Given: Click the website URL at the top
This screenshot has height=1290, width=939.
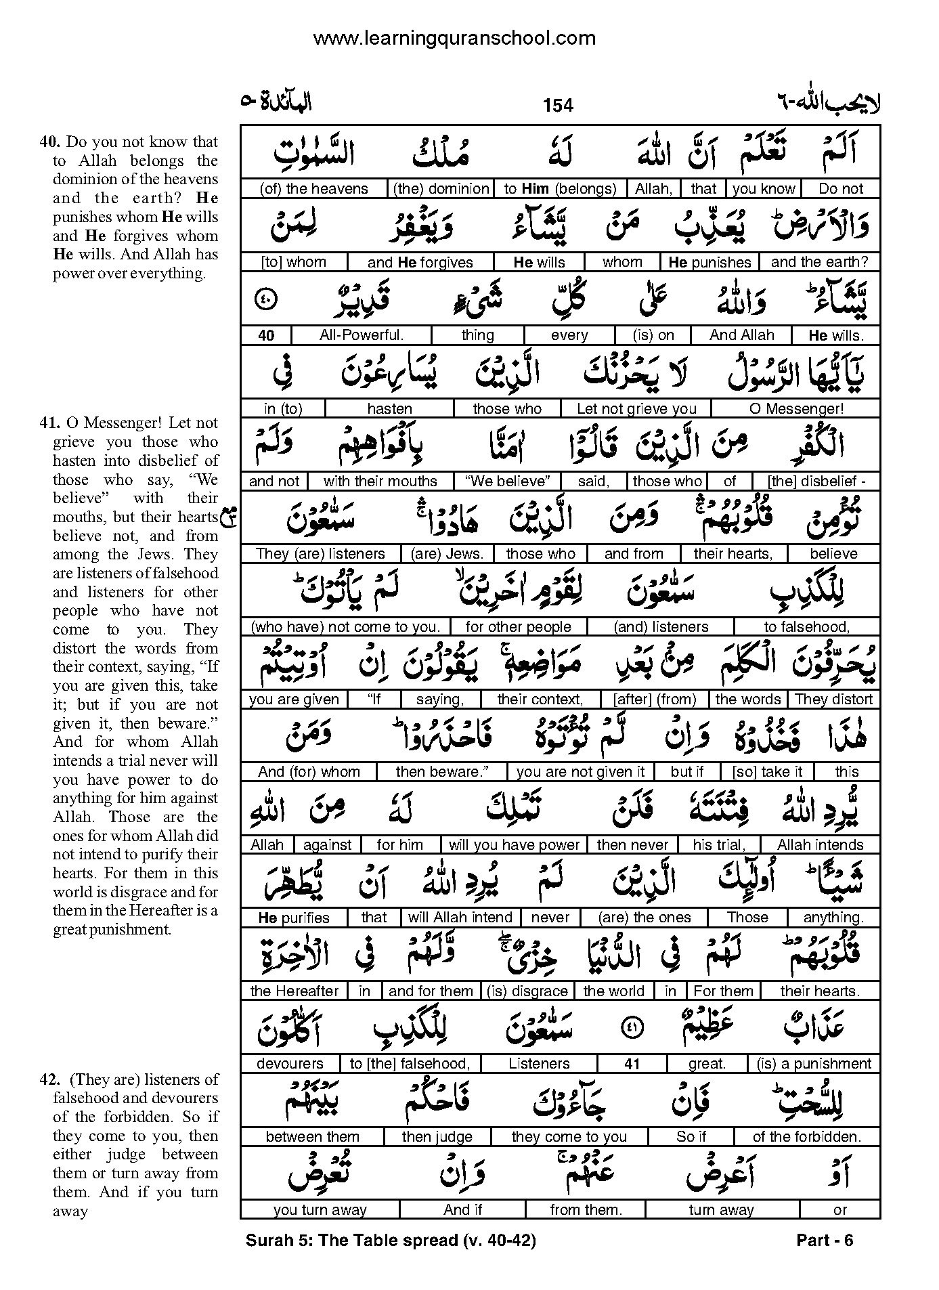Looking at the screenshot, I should (x=454, y=39).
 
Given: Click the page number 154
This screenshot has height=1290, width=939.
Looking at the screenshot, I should (x=557, y=106).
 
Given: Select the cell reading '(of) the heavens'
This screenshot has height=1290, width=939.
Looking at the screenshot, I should (x=313, y=189).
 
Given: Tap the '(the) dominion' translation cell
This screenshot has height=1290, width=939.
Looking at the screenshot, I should (x=441, y=189).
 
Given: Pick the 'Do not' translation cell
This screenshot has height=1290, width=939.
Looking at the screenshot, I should (x=841, y=189).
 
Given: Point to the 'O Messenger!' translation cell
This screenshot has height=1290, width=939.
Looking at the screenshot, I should (x=797, y=408).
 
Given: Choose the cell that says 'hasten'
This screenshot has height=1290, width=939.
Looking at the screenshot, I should (x=389, y=408).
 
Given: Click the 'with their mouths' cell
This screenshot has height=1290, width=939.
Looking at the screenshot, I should (x=380, y=481).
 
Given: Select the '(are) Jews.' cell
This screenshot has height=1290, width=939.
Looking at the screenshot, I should (x=447, y=554).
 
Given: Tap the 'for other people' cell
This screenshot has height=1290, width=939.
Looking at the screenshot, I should (x=518, y=627).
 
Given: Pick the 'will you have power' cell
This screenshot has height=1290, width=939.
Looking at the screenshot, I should (x=515, y=845).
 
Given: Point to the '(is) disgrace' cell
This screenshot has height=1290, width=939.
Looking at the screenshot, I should (x=527, y=991).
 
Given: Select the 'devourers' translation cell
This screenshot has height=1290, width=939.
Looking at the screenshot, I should (x=290, y=1064).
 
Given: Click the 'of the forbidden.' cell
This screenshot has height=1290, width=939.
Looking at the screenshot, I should (x=807, y=1137).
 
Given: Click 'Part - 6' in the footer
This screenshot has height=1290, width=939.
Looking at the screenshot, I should (x=825, y=1240).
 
